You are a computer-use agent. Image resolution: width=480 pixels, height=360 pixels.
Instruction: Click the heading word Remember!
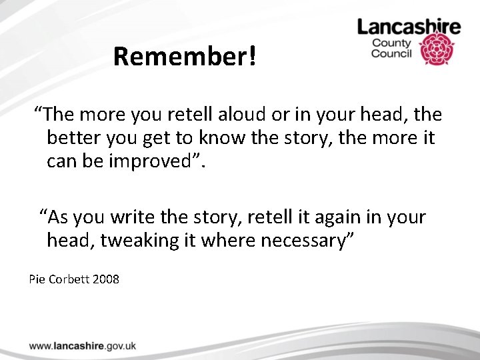pyautogui.click(x=184, y=57)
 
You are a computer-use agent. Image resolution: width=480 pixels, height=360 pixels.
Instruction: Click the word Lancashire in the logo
pyautogui.click(x=409, y=27)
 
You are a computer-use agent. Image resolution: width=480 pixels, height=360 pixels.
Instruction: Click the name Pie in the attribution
pyautogui.click(x=37, y=279)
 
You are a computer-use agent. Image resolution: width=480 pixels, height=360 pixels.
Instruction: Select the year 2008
pyautogui.click(x=106, y=279)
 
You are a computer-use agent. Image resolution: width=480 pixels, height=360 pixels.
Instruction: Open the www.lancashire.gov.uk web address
pyautogui.click(x=83, y=345)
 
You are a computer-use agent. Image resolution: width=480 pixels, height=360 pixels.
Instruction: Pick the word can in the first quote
pyautogui.click(x=61, y=161)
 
